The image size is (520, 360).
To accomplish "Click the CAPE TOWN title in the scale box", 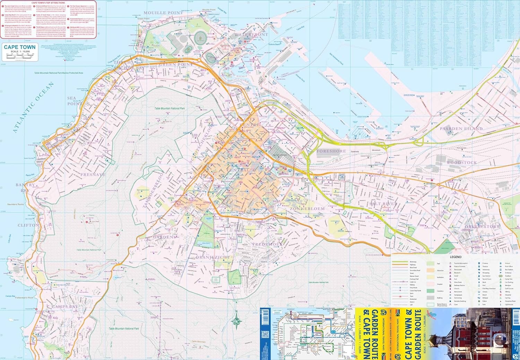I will click(19, 47).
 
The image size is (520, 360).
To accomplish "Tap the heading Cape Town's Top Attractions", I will click(48, 3).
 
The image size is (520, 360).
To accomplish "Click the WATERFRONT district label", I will click(251, 35).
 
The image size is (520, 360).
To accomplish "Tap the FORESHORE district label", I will click(331, 151).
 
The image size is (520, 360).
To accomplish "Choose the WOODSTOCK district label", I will click(461, 163).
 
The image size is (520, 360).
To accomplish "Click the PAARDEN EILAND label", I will click(461, 129).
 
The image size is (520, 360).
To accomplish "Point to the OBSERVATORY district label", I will click(482, 226).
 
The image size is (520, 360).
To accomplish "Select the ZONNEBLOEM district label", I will click(307, 209).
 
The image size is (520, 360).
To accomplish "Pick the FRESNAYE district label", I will click(93, 175).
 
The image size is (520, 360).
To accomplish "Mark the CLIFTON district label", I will click(28, 225).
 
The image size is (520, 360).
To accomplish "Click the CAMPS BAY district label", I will click(64, 307).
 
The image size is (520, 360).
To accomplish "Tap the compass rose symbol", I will click(236, 320).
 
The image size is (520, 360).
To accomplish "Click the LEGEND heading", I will click(456, 257).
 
